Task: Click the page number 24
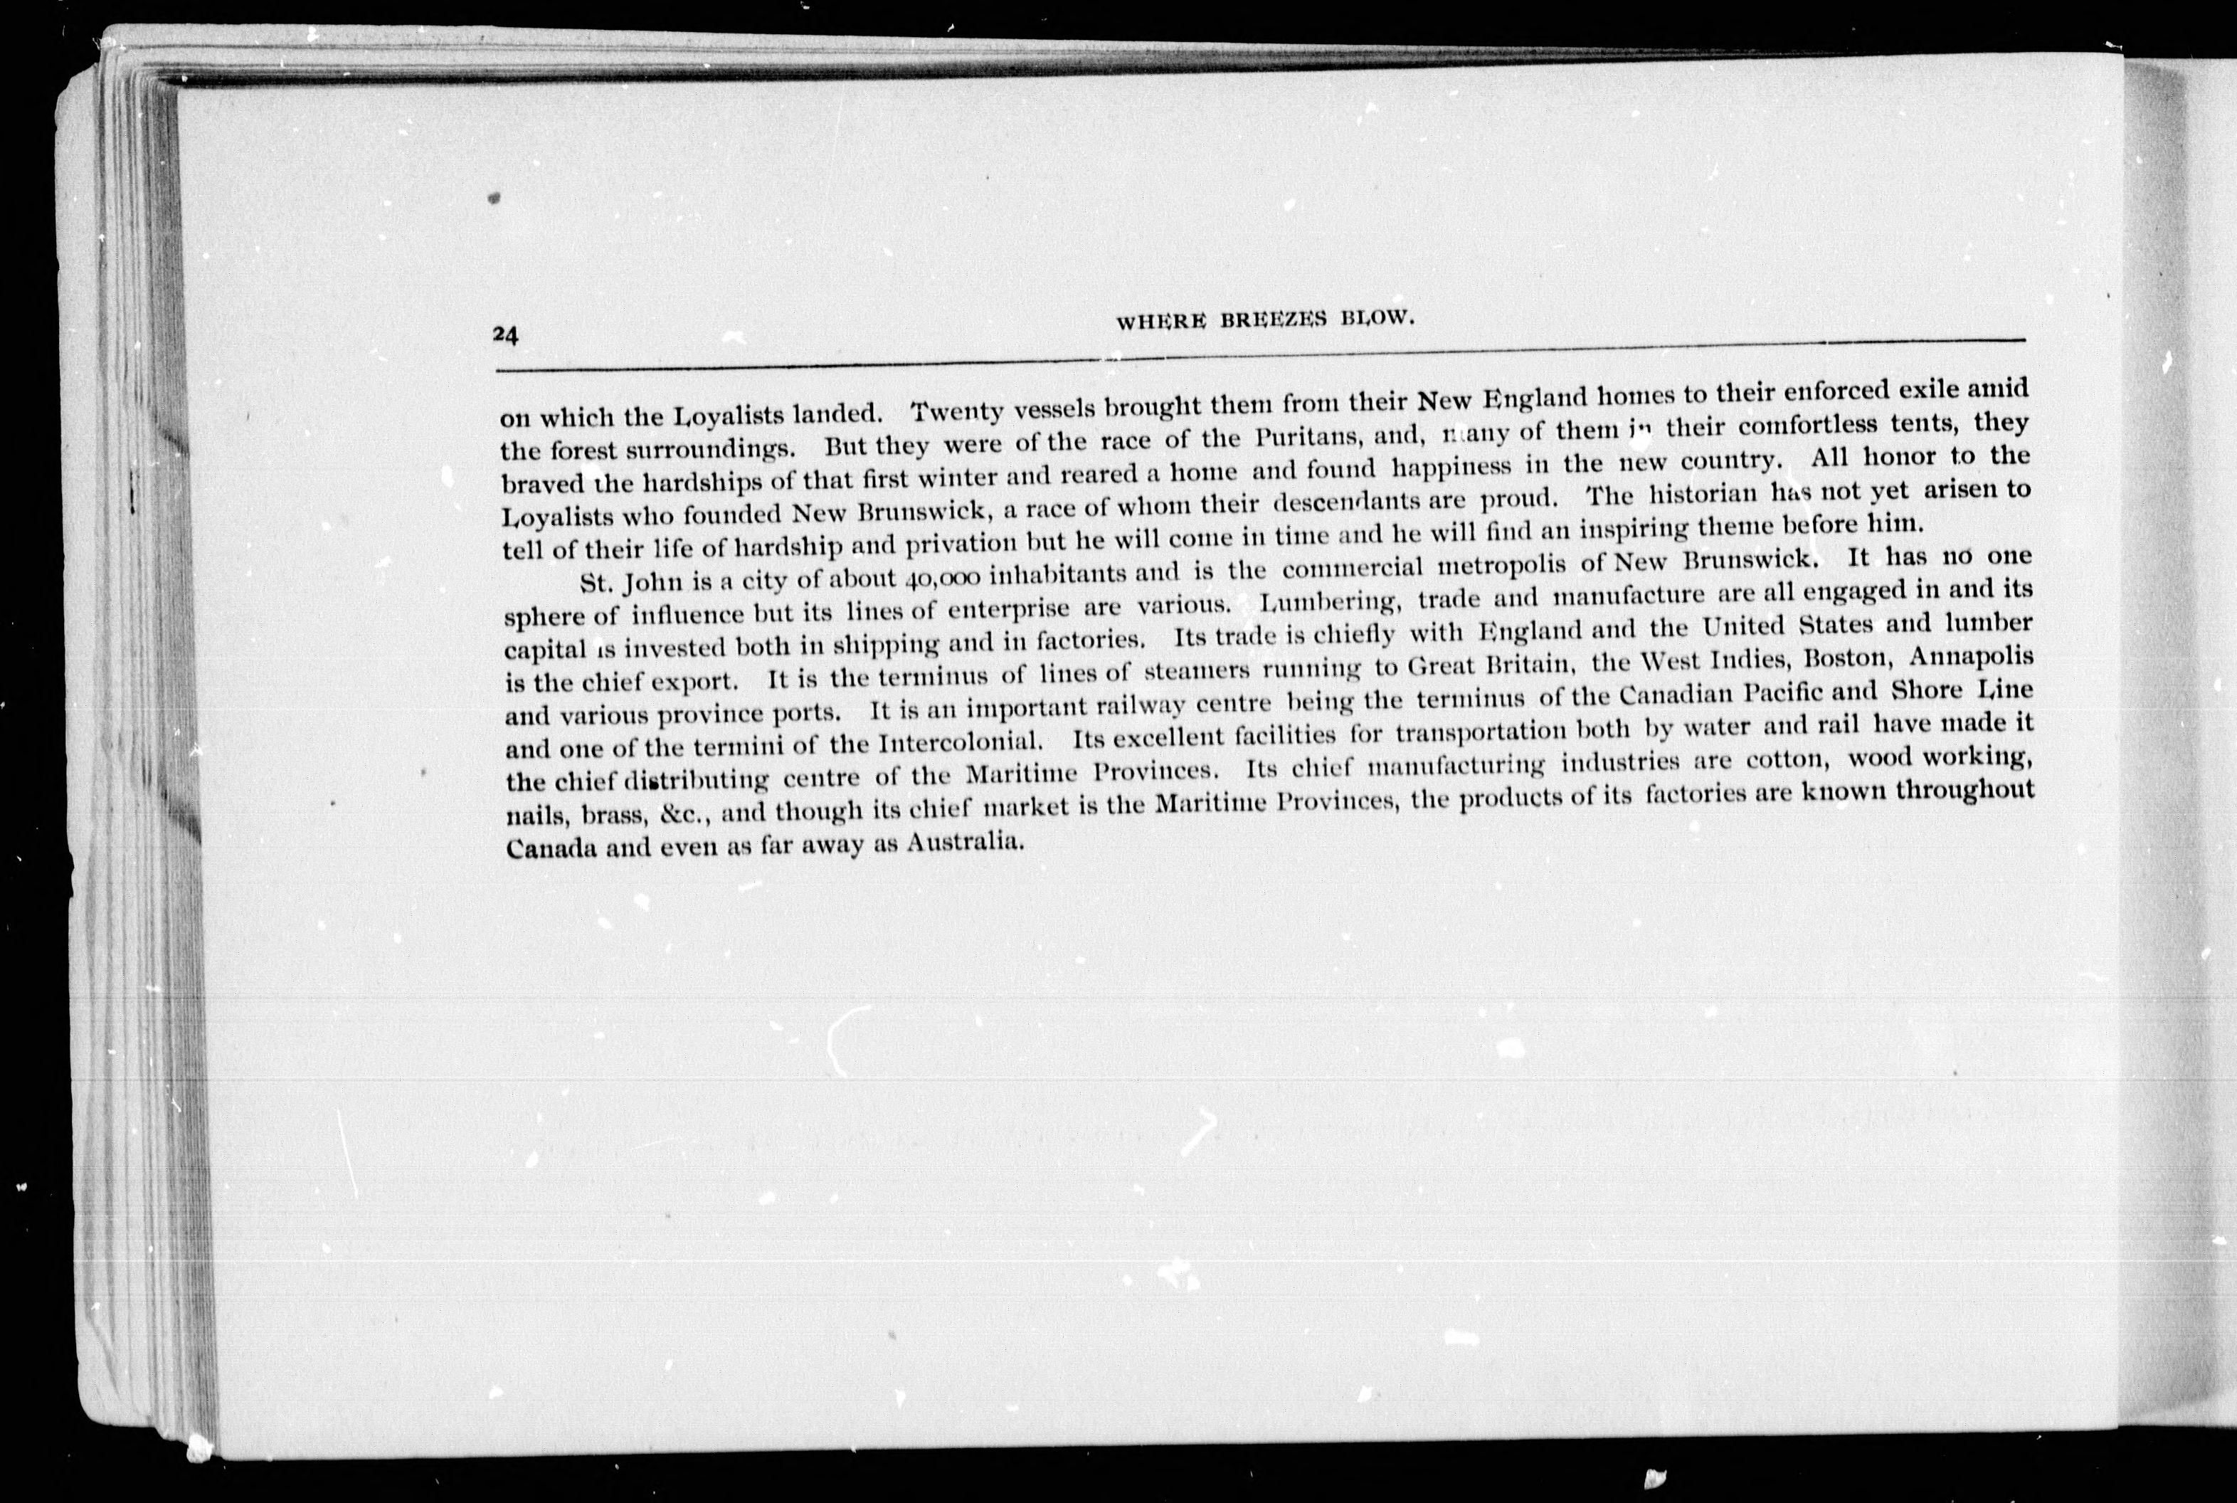pyautogui.click(x=505, y=334)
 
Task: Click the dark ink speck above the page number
pyautogui.click(x=495, y=199)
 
